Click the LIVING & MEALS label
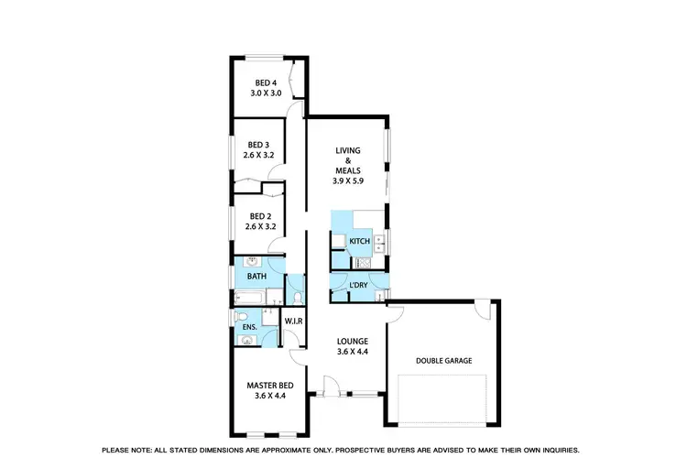pyautogui.click(x=348, y=160)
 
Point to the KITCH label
pyautogui.click(x=359, y=242)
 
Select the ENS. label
pyautogui.click(x=249, y=327)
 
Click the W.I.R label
pyautogui.click(x=294, y=321)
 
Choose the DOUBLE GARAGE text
pyautogui.click(x=444, y=361)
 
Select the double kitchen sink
pyautogui.click(x=380, y=242)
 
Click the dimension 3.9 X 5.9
pyautogui.click(x=348, y=181)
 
